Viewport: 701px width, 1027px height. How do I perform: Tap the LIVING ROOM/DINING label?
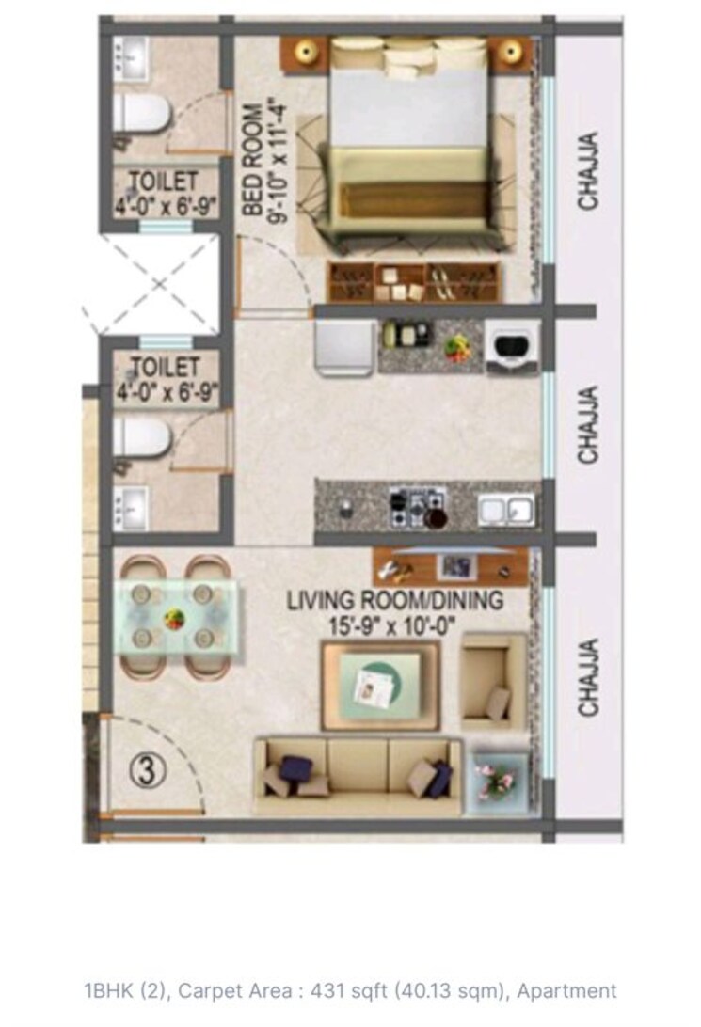395,599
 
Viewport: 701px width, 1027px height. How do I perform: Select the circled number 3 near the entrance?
147,771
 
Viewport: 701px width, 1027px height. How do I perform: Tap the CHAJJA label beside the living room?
588,677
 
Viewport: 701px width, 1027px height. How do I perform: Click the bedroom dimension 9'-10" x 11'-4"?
279,166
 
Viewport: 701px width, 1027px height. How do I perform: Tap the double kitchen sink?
506,509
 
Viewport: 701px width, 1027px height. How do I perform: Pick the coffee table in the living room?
380,686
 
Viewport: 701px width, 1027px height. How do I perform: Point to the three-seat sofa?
358,775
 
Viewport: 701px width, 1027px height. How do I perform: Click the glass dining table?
176,617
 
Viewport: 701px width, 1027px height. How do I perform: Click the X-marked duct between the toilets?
151,283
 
